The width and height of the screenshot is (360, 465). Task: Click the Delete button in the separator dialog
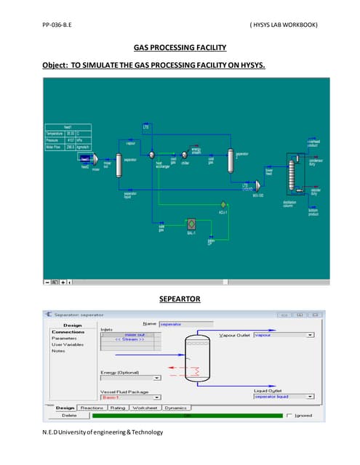pos(69,416)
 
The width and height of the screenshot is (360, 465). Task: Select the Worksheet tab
pos(145,408)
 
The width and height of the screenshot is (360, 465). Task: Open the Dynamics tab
pos(176,408)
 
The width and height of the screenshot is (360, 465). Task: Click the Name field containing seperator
pos(185,324)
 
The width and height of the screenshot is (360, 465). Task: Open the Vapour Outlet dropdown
pos(311,335)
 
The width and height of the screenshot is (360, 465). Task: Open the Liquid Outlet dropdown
pos(311,397)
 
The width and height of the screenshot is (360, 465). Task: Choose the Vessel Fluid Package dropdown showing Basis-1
pos(156,397)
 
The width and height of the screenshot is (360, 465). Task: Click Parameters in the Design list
pos(65,339)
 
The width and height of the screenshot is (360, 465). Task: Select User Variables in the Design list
pos(69,344)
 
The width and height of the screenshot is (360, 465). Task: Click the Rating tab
pos(117,408)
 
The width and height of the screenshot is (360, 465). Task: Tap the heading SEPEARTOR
pos(180,299)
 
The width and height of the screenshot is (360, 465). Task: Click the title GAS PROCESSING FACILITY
pos(180,48)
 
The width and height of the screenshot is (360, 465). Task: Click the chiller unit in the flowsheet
pos(185,154)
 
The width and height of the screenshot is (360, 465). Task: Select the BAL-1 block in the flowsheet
pos(191,225)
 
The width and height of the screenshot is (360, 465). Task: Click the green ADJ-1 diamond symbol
pos(223,204)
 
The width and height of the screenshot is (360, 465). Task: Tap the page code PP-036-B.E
pos(62,25)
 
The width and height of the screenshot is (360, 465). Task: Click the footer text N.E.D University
pos(103,432)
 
